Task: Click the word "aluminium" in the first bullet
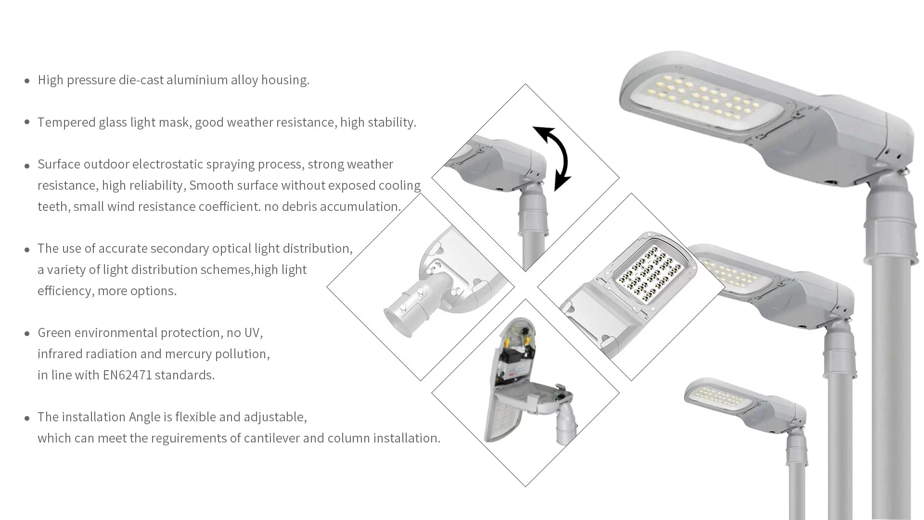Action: coord(197,80)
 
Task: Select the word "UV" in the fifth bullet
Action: coord(252,333)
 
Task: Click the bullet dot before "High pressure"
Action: coord(27,81)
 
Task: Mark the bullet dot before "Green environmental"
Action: coord(27,334)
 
